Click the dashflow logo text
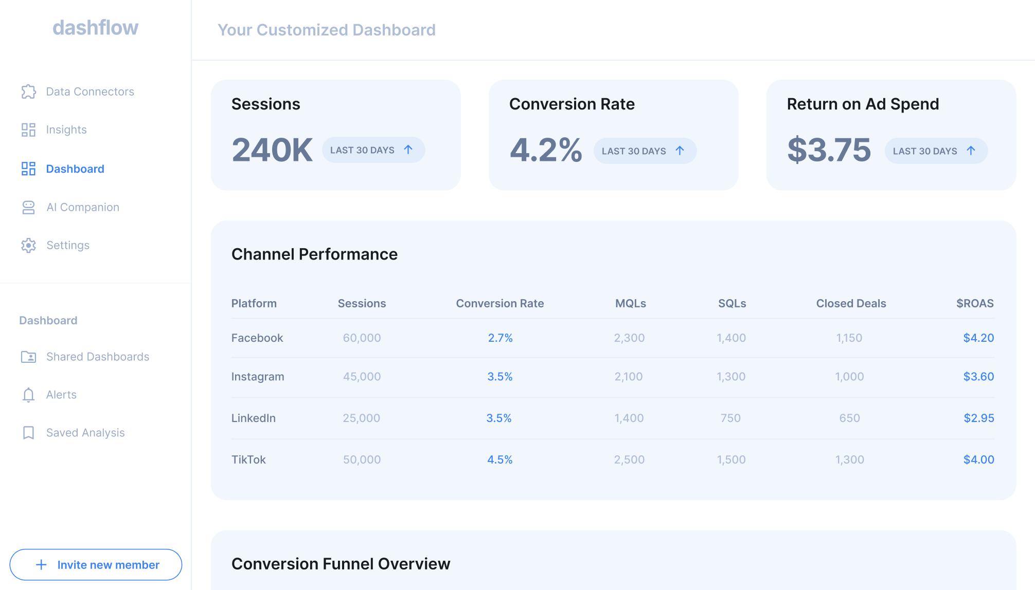pos(95,28)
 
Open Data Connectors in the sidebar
pos(90,91)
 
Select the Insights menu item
pos(66,130)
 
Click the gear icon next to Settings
pos(29,245)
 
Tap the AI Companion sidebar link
pos(83,207)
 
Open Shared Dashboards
pos(98,357)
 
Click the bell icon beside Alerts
pos(29,395)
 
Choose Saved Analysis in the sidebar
pos(85,433)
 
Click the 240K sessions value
pos(272,150)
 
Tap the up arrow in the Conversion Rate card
pos(680,151)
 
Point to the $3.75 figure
pos(829,150)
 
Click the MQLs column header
pos(631,304)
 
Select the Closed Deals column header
pos(851,304)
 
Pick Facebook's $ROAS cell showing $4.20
pos(978,338)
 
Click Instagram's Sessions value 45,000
pos(362,377)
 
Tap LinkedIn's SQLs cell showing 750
pos(731,418)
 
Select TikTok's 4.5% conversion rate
pos(500,460)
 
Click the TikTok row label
pos(248,460)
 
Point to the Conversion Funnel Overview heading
pos(341,564)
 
